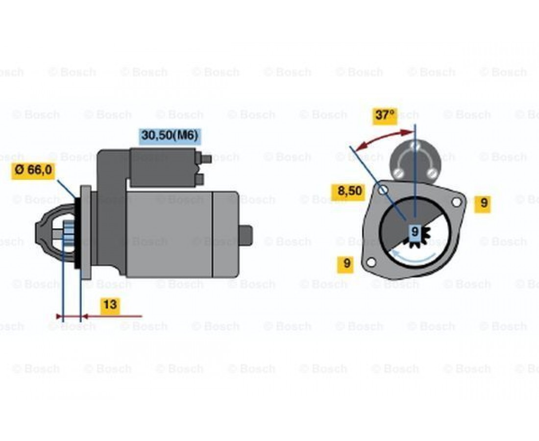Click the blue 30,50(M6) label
(170, 136)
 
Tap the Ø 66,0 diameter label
(33, 170)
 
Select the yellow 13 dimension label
(110, 305)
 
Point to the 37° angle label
(385, 115)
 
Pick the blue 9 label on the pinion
(415, 232)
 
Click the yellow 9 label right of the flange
(484, 203)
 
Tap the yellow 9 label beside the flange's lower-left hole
(346, 264)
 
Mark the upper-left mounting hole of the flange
(383, 190)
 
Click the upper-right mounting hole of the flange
(456, 202)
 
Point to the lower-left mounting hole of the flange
(371, 263)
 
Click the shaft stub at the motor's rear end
(245, 235)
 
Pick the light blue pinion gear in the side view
(69, 234)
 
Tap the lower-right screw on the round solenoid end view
(432, 173)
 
